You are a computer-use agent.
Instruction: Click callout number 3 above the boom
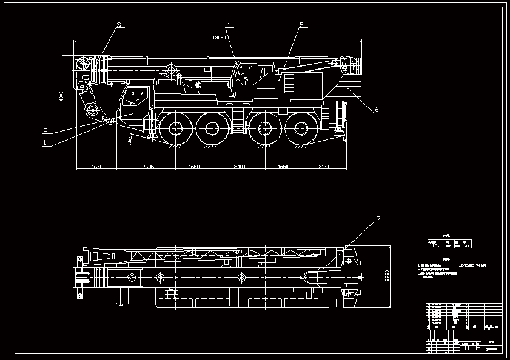[x=119, y=25]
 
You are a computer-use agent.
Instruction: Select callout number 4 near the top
[x=228, y=25]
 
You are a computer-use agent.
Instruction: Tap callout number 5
[x=301, y=25]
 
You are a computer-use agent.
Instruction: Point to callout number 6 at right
[x=376, y=110]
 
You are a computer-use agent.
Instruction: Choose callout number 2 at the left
[x=45, y=128]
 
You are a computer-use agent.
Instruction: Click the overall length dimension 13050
[x=219, y=38]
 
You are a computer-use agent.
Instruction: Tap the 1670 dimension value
[x=97, y=166]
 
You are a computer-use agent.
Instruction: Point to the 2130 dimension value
[x=323, y=166]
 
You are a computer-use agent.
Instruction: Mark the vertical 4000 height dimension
[x=61, y=97]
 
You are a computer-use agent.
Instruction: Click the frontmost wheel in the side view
[x=176, y=128]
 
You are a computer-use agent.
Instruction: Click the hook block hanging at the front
[x=92, y=110]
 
